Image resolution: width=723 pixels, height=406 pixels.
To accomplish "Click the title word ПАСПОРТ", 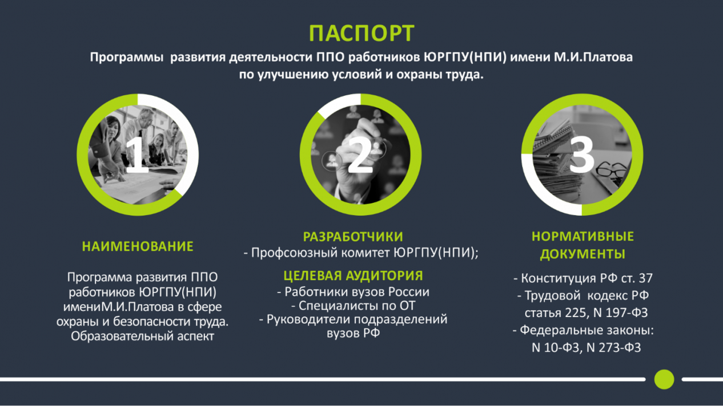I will (x=361, y=33).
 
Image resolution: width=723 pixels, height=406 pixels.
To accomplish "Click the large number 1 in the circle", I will (x=136, y=155).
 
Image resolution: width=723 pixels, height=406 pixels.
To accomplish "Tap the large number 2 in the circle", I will (x=360, y=155).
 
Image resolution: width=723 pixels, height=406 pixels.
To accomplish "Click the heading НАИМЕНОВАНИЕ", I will (x=138, y=246).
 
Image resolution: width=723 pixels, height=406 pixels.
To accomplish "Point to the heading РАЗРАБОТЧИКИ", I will (x=353, y=237).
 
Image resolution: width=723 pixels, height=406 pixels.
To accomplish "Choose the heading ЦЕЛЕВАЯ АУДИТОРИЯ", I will (x=353, y=276).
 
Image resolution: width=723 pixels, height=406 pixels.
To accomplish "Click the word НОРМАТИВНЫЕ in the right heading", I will (x=583, y=236).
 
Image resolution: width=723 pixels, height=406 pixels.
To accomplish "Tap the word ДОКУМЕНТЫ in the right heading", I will (x=583, y=254).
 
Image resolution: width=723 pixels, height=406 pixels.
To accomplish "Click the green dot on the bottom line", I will (x=664, y=379).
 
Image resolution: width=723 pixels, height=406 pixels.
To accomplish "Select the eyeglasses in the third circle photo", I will (x=612, y=169).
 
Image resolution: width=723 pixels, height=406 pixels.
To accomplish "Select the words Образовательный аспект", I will (x=142, y=336).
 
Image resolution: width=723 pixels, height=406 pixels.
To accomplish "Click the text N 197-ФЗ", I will (x=619, y=313).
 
